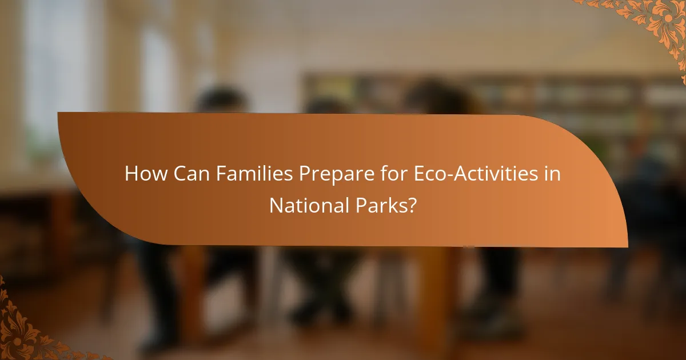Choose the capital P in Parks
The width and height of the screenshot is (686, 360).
coord(357,206)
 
